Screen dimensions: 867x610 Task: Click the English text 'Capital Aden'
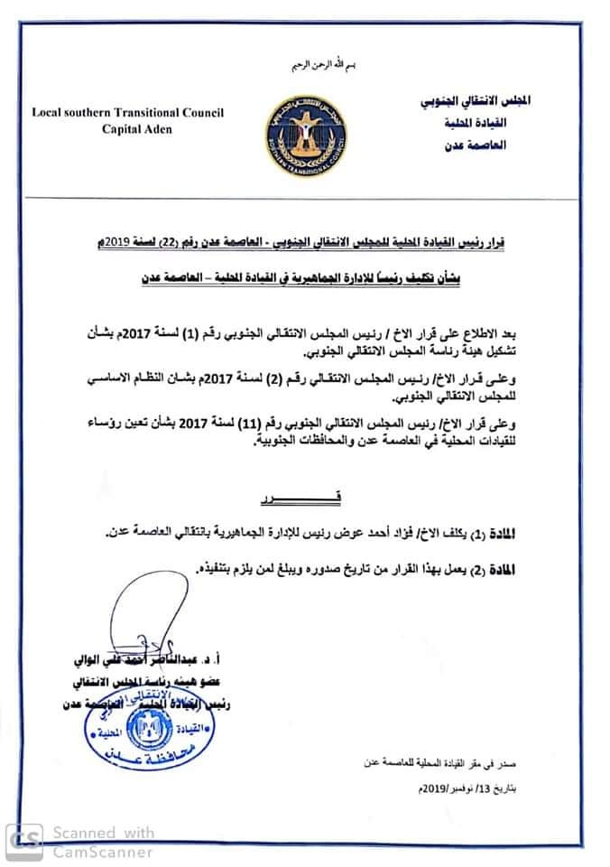pyautogui.click(x=128, y=128)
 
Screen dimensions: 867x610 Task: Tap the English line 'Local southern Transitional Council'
pyautogui.click(x=128, y=113)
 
